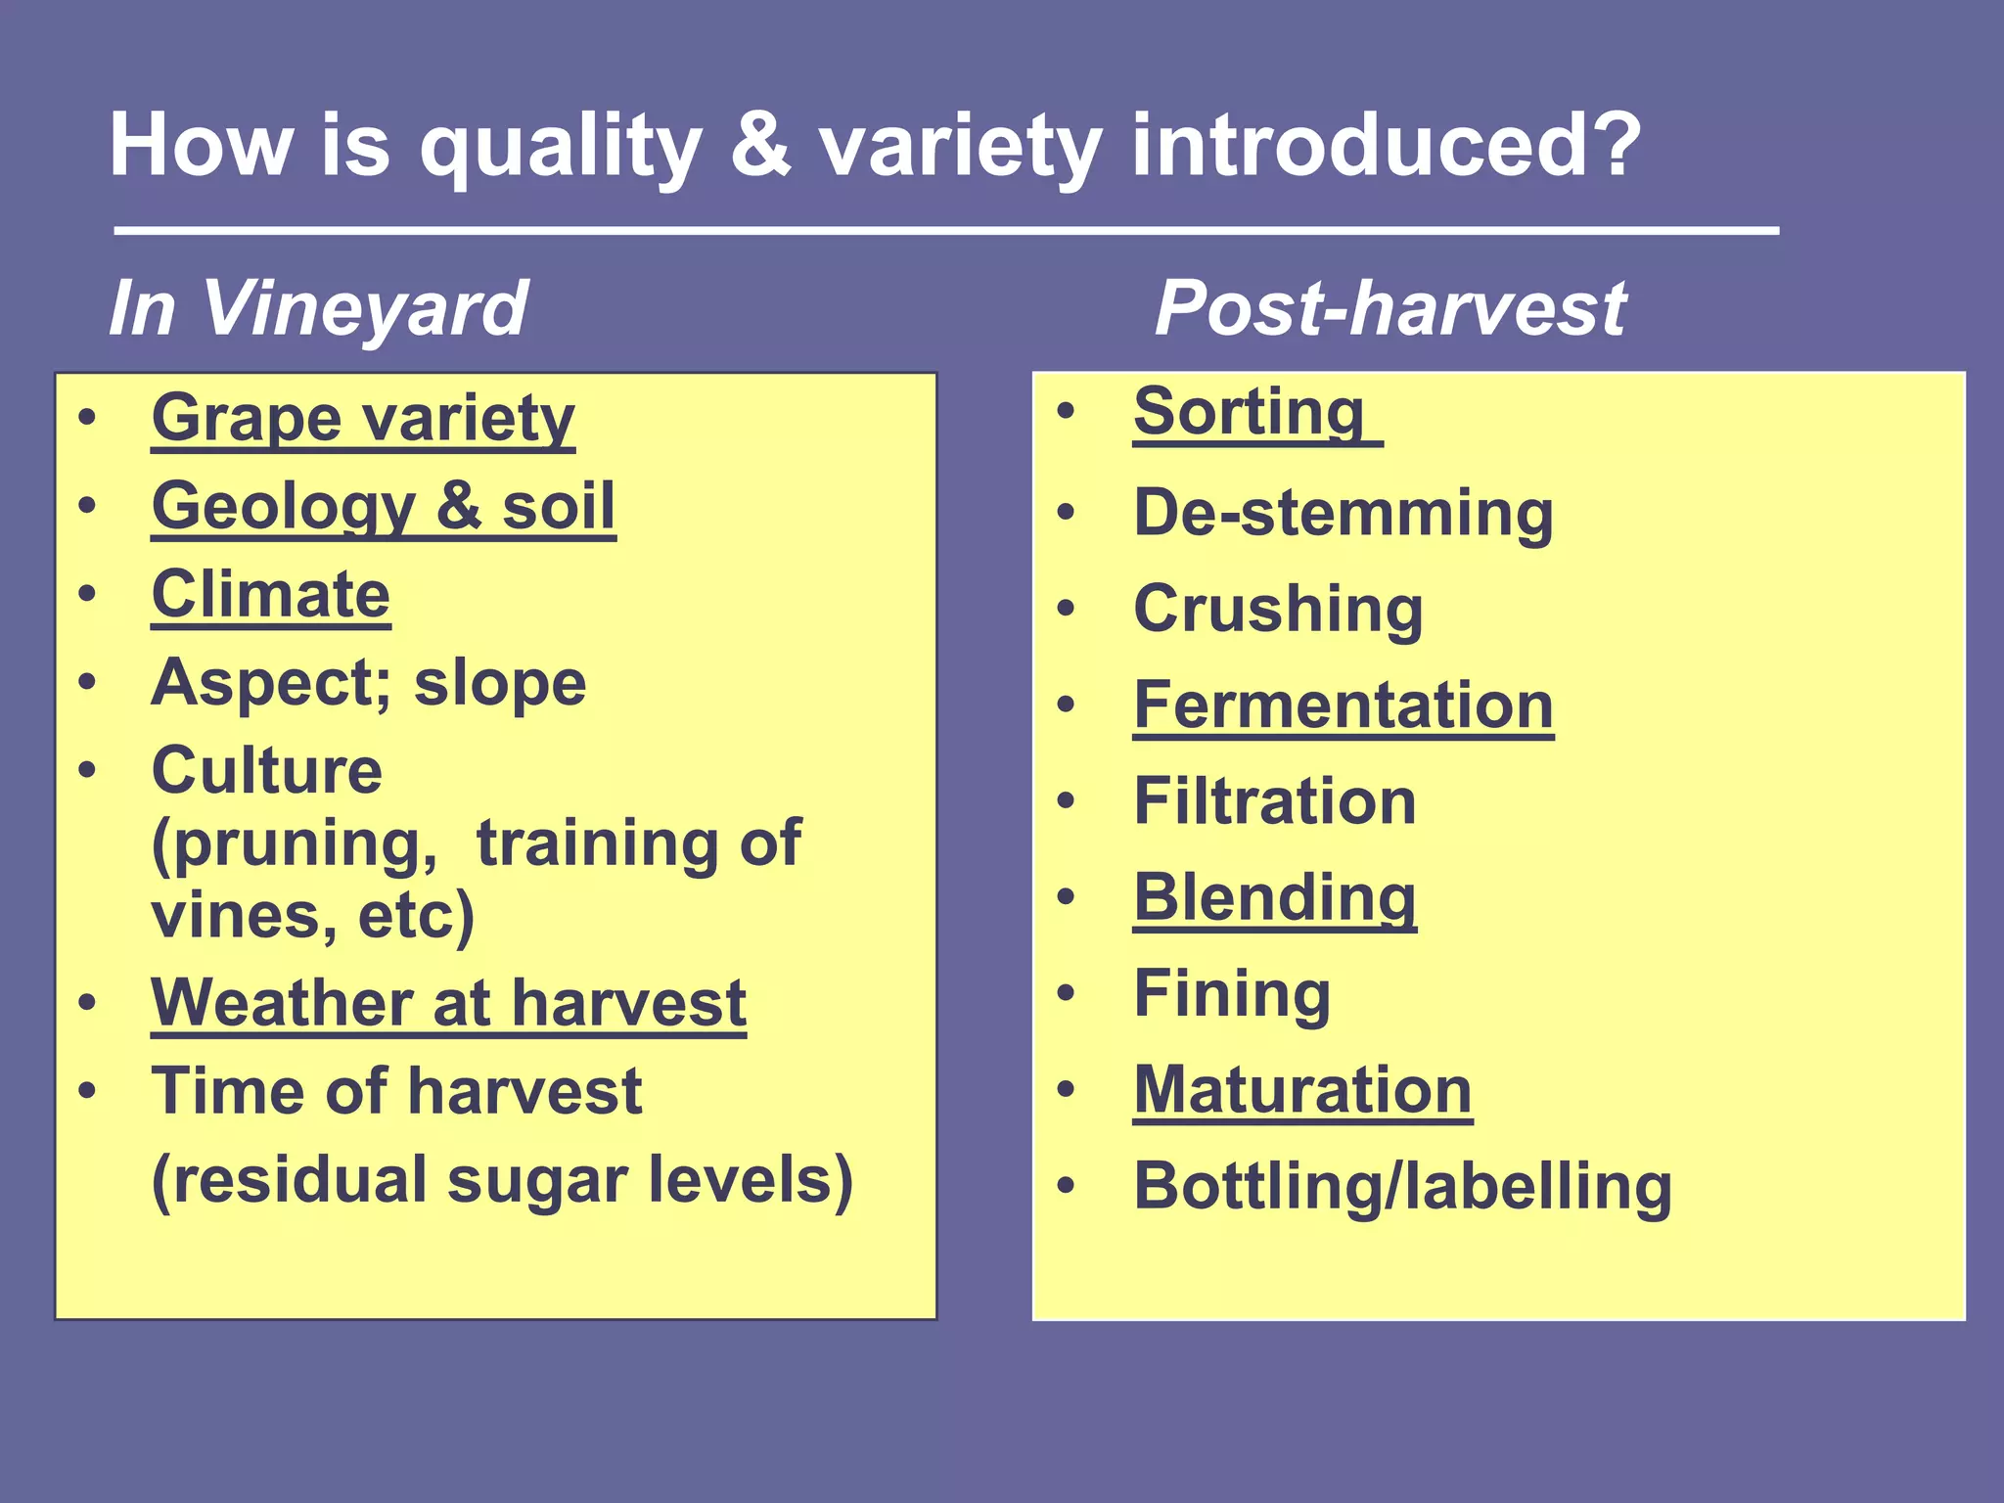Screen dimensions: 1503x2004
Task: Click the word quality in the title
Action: point(560,147)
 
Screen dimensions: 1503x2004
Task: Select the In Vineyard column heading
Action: point(318,307)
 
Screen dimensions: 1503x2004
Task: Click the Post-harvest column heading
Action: point(1389,307)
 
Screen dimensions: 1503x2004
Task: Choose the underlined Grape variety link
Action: point(363,419)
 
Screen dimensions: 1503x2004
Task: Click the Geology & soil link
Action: point(384,507)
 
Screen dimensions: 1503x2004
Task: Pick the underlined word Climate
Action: point(271,595)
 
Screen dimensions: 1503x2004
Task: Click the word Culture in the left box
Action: point(266,770)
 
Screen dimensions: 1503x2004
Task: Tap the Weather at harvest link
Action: point(448,1003)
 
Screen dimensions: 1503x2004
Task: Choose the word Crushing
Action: point(1278,609)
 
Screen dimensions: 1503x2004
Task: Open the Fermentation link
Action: point(1343,705)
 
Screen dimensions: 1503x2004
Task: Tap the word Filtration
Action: point(1274,800)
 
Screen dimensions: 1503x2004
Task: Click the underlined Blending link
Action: point(1274,896)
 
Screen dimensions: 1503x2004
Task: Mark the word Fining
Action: point(1232,993)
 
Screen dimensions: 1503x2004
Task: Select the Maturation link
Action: point(1302,1089)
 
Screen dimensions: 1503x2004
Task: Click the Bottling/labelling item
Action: point(1402,1186)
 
